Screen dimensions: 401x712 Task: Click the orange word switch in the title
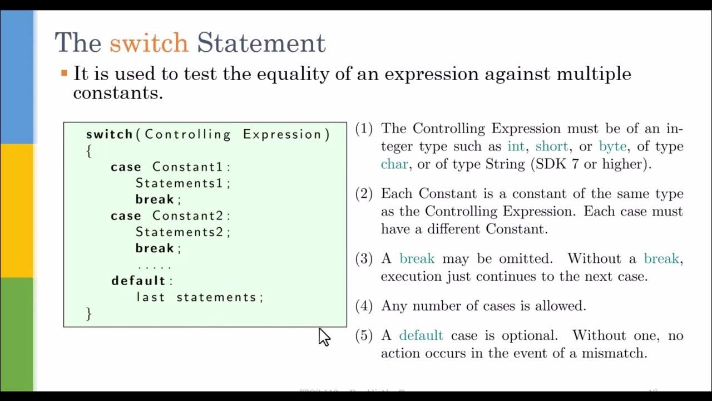[x=149, y=43]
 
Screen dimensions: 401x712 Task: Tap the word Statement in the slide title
[x=261, y=43]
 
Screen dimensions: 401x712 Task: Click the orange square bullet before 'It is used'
[x=64, y=73]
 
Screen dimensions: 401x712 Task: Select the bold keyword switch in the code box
[x=109, y=134]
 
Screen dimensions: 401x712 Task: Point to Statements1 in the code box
[x=181, y=183]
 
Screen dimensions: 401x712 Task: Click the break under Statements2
[x=155, y=248]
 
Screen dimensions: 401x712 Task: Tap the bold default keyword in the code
[x=139, y=281]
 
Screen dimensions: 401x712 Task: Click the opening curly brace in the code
[x=88, y=151]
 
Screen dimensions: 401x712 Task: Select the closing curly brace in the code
[x=88, y=314]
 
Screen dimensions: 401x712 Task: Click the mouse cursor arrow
[x=324, y=336]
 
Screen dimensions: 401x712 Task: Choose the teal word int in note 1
[x=516, y=146]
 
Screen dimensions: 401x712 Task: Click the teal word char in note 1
[x=394, y=164]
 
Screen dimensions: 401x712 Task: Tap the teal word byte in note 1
[x=612, y=146]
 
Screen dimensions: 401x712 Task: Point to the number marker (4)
[x=364, y=306]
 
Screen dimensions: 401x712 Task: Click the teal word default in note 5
[x=421, y=335]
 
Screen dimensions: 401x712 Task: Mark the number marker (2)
[x=364, y=194]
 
